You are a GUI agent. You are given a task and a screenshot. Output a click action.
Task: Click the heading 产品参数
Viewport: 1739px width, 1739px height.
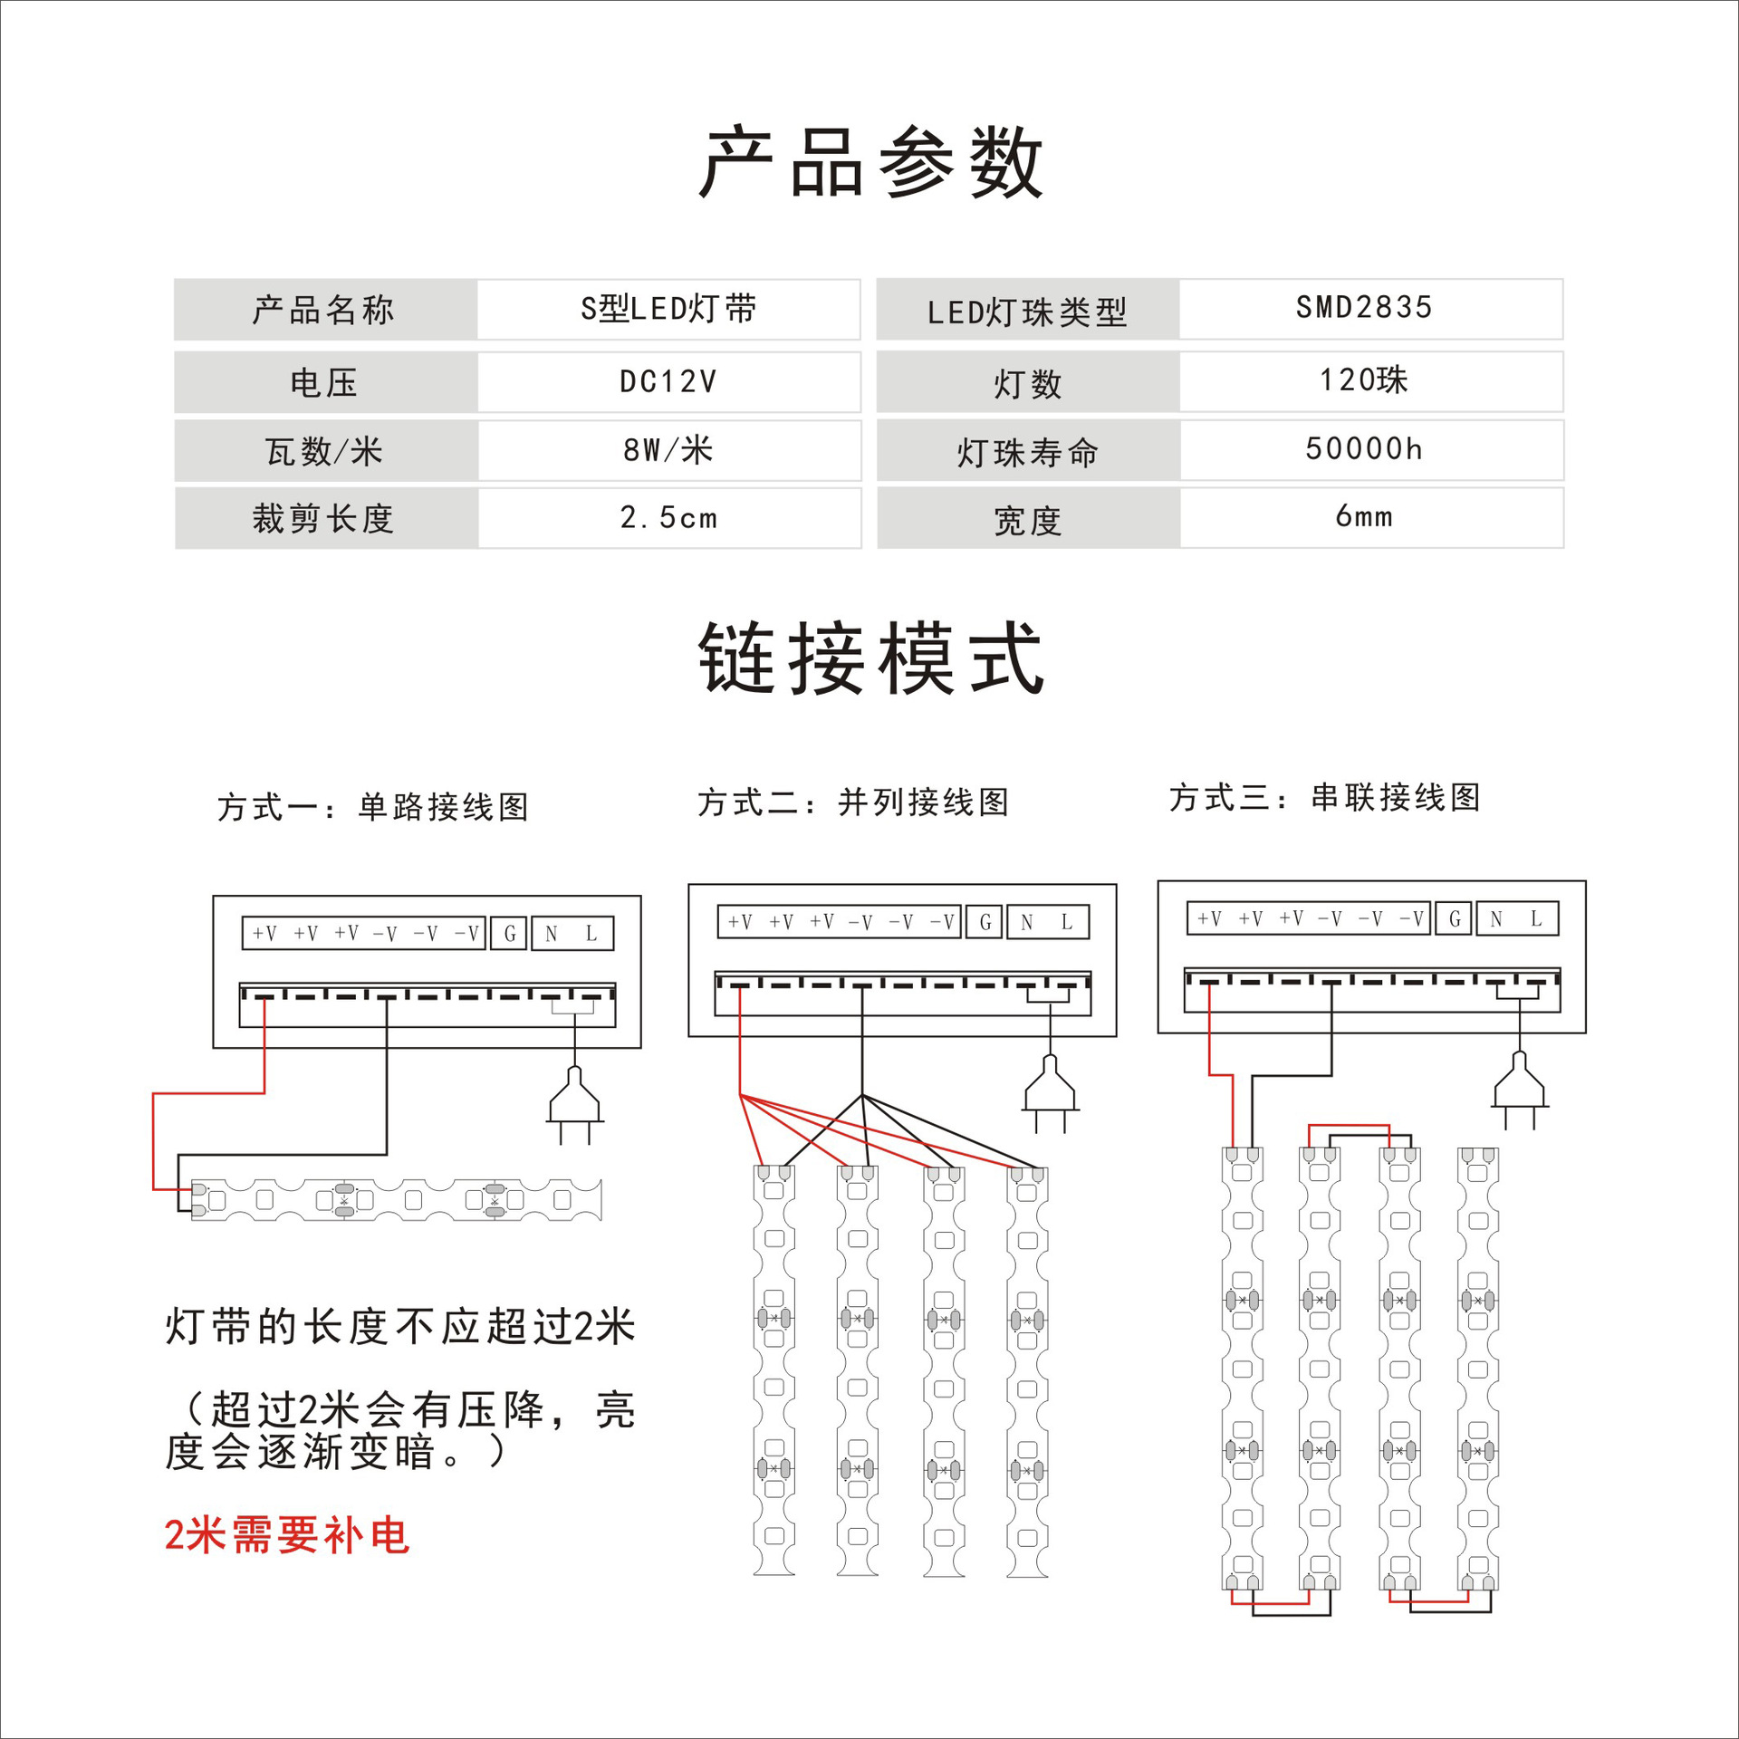point(871,163)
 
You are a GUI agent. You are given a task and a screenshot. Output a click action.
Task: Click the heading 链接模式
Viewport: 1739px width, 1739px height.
point(871,659)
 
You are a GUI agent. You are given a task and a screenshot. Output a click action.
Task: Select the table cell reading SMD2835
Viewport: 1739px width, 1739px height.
point(1364,308)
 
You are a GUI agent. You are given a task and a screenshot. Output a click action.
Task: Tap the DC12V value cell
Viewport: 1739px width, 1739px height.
point(668,381)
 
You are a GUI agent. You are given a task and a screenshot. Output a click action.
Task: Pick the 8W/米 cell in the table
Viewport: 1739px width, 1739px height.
point(668,449)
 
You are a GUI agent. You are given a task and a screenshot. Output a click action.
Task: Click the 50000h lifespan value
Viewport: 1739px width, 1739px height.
point(1364,448)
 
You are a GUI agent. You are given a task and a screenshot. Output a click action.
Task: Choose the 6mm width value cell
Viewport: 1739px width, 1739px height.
point(1364,516)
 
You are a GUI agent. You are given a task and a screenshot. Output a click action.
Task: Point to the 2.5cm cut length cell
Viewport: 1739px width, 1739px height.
point(668,518)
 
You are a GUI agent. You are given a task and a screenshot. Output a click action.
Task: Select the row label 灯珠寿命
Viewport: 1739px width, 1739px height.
point(1027,452)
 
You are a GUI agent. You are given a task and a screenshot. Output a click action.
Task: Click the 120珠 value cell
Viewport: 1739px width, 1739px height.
point(1364,380)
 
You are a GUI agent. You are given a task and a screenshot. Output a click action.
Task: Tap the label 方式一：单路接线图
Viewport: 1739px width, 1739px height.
point(372,806)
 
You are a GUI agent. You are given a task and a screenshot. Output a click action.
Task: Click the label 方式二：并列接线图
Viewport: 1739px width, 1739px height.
point(852,802)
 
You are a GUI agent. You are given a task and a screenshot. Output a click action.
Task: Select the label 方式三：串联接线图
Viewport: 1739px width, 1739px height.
point(1324,797)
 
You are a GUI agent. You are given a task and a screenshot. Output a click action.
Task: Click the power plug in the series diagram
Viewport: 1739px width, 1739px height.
point(1519,1089)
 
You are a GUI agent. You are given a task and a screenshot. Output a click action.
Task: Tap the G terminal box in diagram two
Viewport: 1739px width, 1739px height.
point(985,922)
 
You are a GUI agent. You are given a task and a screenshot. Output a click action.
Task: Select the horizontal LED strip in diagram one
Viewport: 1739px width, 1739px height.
point(396,1200)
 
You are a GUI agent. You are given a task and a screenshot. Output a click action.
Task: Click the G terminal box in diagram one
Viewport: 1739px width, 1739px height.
point(509,934)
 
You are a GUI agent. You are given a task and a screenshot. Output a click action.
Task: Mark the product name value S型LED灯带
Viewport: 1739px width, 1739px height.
point(668,309)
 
